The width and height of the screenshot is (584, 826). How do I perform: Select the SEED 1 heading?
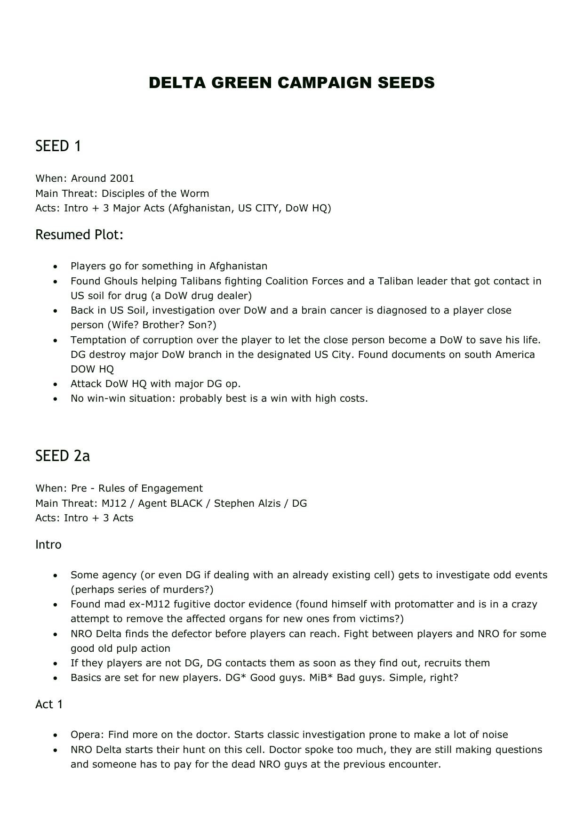pos(58,146)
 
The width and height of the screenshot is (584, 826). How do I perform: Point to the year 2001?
pos(122,178)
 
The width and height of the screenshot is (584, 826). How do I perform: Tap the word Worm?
pos(197,194)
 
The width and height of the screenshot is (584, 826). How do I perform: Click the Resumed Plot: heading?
pos(79,235)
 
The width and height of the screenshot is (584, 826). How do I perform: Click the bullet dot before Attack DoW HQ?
pos(56,384)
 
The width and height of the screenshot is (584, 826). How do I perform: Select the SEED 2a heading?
pos(62,456)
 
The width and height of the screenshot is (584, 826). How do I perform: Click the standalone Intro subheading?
pos(48,544)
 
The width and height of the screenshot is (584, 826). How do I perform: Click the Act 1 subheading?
pos(49,704)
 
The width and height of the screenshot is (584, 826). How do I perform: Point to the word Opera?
pos(88,735)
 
